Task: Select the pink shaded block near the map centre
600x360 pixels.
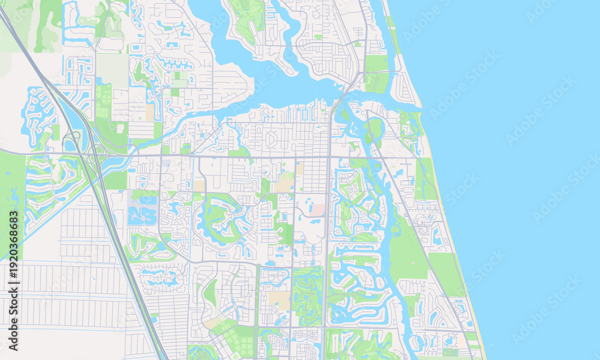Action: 317,209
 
